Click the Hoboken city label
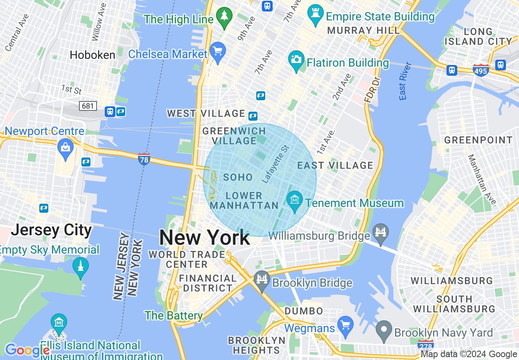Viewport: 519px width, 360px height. [x=93, y=55]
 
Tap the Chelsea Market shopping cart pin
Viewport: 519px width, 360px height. [x=217, y=52]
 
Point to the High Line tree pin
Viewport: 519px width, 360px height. [x=224, y=17]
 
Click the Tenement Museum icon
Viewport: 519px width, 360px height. [x=295, y=200]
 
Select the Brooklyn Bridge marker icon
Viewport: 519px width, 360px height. [x=262, y=280]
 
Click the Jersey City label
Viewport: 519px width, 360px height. [x=51, y=230]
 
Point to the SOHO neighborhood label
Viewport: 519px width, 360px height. [x=238, y=177]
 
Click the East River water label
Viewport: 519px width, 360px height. [x=404, y=81]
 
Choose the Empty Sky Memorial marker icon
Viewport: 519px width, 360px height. [x=80, y=266]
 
